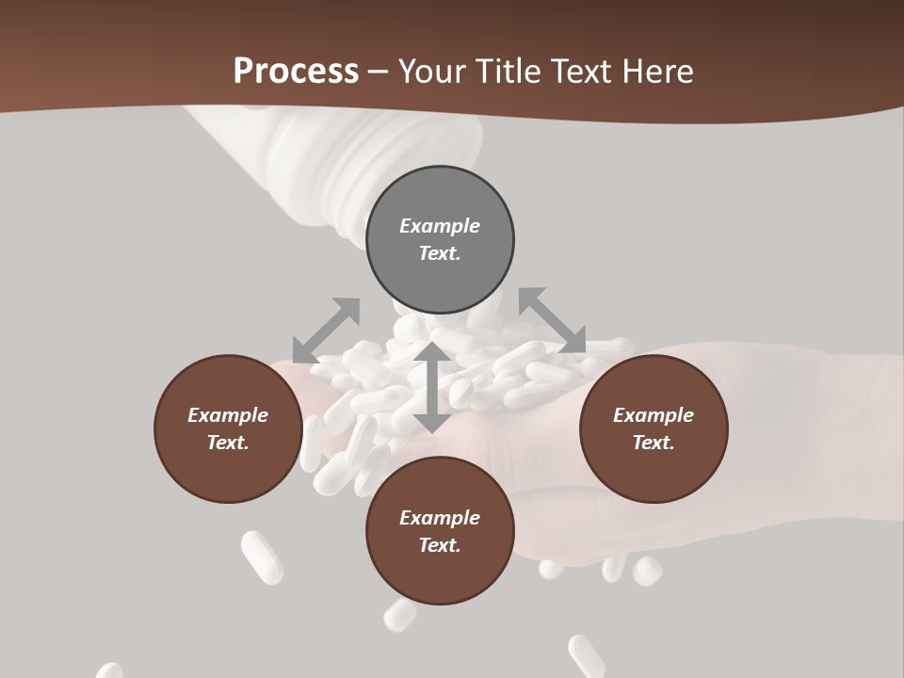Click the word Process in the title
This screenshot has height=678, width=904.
pyautogui.click(x=296, y=71)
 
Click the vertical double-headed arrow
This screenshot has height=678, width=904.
pyautogui.click(x=431, y=387)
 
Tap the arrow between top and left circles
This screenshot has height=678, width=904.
pyautogui.click(x=326, y=331)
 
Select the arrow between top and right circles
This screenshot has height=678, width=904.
pyautogui.click(x=552, y=321)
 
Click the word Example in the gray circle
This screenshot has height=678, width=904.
pyautogui.click(x=440, y=226)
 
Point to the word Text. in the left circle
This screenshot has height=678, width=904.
pyautogui.click(x=228, y=443)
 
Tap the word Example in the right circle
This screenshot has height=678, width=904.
pyautogui.click(x=654, y=415)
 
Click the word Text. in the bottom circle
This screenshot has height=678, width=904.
pyautogui.click(x=440, y=545)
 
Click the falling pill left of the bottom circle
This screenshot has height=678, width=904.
pyautogui.click(x=262, y=557)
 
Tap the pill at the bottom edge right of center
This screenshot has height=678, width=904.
pyautogui.click(x=587, y=656)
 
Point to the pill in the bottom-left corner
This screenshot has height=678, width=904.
pyautogui.click(x=108, y=670)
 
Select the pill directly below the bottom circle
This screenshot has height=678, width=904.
pyautogui.click(x=400, y=615)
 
